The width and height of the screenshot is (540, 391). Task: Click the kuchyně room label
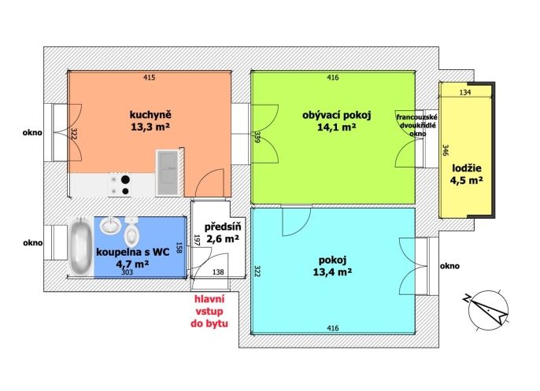click(150, 115)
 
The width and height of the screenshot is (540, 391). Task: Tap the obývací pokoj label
click(336, 115)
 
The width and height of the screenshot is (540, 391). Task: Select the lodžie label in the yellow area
click(467, 168)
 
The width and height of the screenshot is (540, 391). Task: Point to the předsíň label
click(223, 227)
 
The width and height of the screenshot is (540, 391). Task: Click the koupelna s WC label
click(132, 252)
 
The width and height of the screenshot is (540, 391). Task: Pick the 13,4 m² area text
click(332, 272)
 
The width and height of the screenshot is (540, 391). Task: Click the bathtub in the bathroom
click(80, 245)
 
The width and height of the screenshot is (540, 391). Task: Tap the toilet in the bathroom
click(131, 231)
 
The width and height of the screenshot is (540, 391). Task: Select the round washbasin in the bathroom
click(110, 226)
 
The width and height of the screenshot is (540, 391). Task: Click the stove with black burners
click(120, 184)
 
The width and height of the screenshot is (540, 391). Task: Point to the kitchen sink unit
click(168, 173)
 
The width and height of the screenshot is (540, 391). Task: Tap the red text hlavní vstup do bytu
click(209, 312)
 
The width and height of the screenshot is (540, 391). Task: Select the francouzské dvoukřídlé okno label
click(416, 125)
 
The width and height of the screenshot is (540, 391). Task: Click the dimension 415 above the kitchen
click(149, 77)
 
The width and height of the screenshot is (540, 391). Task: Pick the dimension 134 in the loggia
click(465, 92)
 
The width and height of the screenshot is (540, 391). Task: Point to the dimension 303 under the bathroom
click(127, 272)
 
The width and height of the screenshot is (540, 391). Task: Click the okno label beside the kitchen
click(32, 132)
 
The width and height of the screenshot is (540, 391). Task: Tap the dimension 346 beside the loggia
click(446, 150)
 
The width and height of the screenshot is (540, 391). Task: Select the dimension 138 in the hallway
click(218, 272)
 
